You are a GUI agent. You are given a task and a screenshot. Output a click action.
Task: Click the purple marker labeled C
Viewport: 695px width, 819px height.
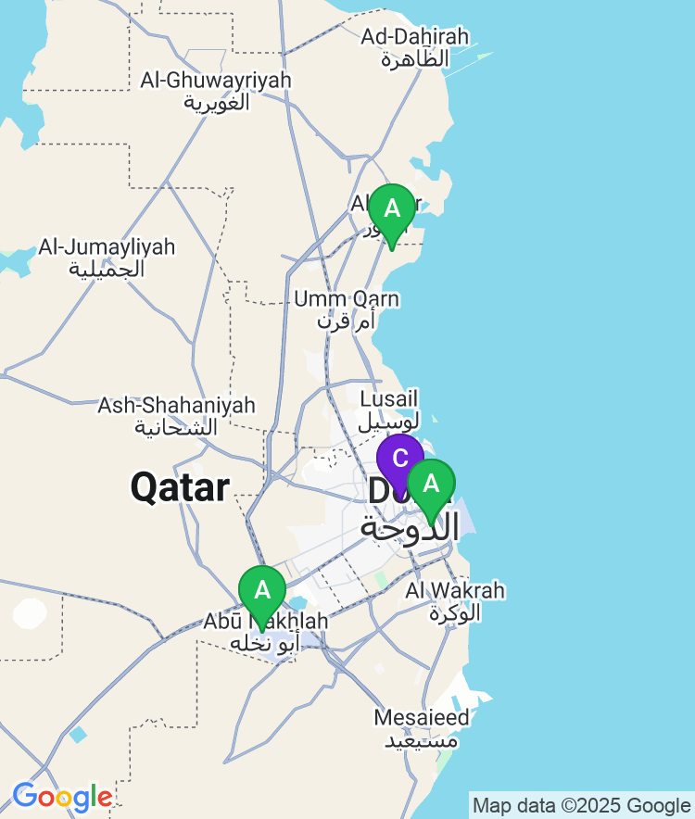pyautogui.click(x=399, y=459)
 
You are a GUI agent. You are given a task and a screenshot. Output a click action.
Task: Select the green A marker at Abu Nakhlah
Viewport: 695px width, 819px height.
pyautogui.click(x=262, y=591)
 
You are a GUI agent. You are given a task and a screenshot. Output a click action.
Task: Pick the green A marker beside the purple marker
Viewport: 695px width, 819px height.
pyautogui.click(x=431, y=485)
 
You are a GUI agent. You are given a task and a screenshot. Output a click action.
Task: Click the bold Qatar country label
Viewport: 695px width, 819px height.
pyautogui.click(x=180, y=487)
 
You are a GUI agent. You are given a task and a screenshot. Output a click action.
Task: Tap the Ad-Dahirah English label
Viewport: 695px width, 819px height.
pyautogui.click(x=415, y=37)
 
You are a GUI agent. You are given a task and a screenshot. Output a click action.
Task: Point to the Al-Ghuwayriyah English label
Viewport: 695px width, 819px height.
pyautogui.click(x=216, y=81)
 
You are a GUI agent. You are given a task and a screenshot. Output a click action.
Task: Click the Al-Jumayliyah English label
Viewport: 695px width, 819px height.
pyautogui.click(x=107, y=247)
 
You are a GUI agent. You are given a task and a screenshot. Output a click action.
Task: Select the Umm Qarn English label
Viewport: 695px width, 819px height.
pyautogui.click(x=347, y=299)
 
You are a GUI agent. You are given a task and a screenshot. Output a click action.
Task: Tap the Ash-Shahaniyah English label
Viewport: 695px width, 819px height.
pyautogui.click(x=177, y=406)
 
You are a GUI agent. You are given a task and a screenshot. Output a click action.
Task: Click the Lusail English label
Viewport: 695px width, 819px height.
pyautogui.click(x=383, y=398)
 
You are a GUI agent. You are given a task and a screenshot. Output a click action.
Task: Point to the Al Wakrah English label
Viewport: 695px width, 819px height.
pyautogui.click(x=455, y=590)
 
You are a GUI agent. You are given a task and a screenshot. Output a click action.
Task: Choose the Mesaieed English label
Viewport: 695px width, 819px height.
pyautogui.click(x=422, y=717)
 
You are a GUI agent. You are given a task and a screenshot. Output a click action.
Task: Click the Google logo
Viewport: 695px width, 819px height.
pyautogui.click(x=62, y=797)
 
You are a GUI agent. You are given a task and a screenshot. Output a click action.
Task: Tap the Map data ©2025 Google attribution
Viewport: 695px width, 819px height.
pyautogui.click(x=581, y=805)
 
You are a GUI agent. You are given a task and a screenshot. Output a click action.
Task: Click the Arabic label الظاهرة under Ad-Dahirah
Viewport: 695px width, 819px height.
pyautogui.click(x=415, y=58)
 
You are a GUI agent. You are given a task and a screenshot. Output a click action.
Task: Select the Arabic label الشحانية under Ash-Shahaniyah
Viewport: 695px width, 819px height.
pyautogui.click(x=177, y=427)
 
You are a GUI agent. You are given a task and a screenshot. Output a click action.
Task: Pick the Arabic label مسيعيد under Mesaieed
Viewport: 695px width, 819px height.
pyautogui.click(x=421, y=739)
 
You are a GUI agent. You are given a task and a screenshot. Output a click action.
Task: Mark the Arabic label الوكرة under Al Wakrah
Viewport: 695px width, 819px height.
pyautogui.click(x=455, y=612)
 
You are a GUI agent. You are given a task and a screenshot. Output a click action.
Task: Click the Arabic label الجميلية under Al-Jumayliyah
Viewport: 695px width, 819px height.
pyautogui.click(x=107, y=269)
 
